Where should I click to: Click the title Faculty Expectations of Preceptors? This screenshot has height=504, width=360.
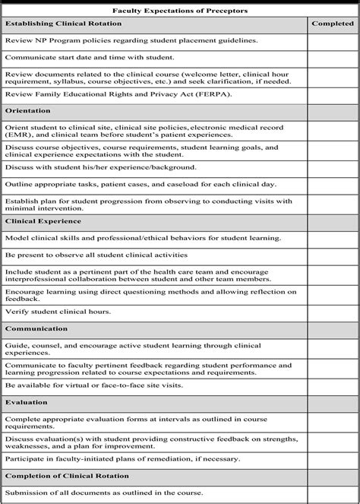coord(180,11)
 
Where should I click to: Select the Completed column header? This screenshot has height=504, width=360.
coord(333,24)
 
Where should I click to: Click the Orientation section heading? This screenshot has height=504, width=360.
coord(28,111)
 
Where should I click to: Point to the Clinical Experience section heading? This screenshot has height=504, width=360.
coord(43,221)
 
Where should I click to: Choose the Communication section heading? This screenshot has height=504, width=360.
coord(36,328)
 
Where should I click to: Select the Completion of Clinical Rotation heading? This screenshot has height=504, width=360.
coord(67,475)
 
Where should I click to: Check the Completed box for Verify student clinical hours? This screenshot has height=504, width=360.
coord(333,312)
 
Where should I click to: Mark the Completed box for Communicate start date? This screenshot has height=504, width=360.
coord(333,57)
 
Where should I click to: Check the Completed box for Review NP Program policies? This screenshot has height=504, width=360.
coord(333,40)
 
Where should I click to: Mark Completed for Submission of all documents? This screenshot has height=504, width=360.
coord(333,493)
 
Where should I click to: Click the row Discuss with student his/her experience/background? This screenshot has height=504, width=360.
coord(90,166)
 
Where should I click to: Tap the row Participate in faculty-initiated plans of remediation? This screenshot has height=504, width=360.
coord(122,458)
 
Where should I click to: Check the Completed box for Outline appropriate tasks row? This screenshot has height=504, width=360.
coord(333,184)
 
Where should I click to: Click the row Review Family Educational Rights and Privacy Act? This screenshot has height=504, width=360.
coord(106,94)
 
